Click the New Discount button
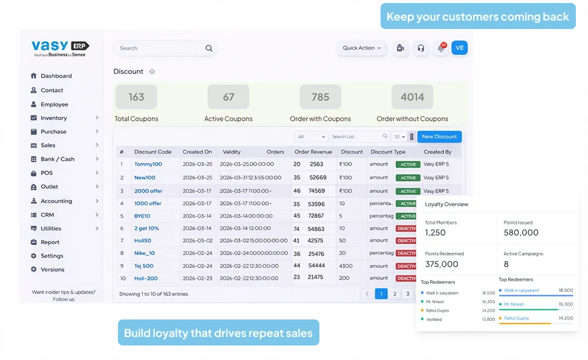point(439,137)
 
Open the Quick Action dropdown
point(362,48)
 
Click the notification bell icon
point(441,48)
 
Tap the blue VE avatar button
point(459,48)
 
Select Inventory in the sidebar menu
point(54,118)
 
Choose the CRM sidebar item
point(47,215)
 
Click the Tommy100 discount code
point(148,164)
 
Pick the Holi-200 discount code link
point(146,278)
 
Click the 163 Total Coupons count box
point(136,97)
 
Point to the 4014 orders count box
point(412,97)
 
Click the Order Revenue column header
point(313,152)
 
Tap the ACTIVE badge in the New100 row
point(408,178)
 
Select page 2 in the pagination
point(394,294)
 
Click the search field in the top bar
point(160,48)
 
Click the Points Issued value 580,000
point(521,232)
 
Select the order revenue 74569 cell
point(317,191)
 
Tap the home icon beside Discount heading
point(152,71)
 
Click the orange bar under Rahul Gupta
point(524,324)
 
